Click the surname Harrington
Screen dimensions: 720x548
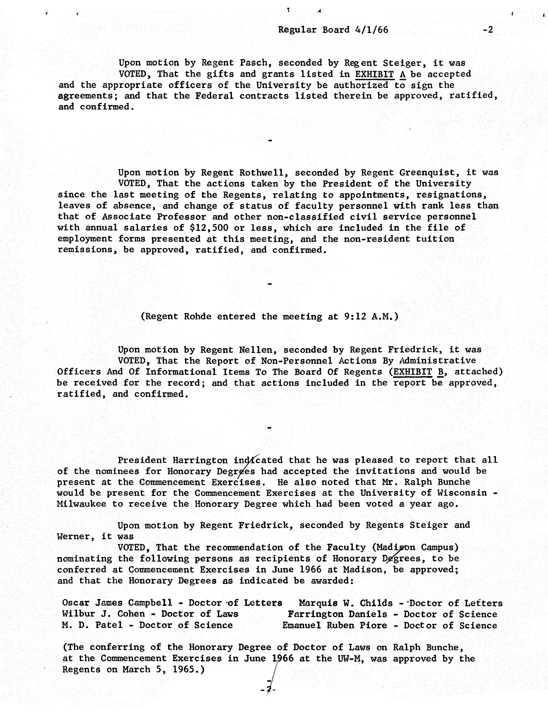[x=200, y=460]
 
